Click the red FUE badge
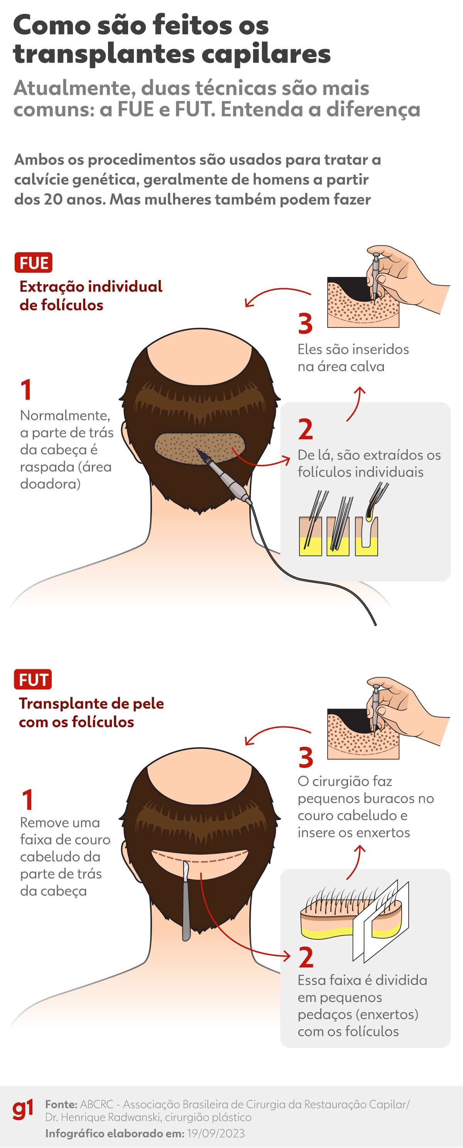point(34,262)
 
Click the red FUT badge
point(33,680)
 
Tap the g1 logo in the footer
point(22,1110)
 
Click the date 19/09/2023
point(216,1133)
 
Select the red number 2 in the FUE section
point(306,430)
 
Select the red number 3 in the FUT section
point(306,758)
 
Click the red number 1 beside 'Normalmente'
point(26,390)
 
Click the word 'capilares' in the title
point(266,54)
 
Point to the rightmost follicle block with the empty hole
point(366,537)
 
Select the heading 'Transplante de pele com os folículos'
point(91,712)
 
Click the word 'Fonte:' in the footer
point(61,1104)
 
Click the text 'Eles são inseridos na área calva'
point(353,358)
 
